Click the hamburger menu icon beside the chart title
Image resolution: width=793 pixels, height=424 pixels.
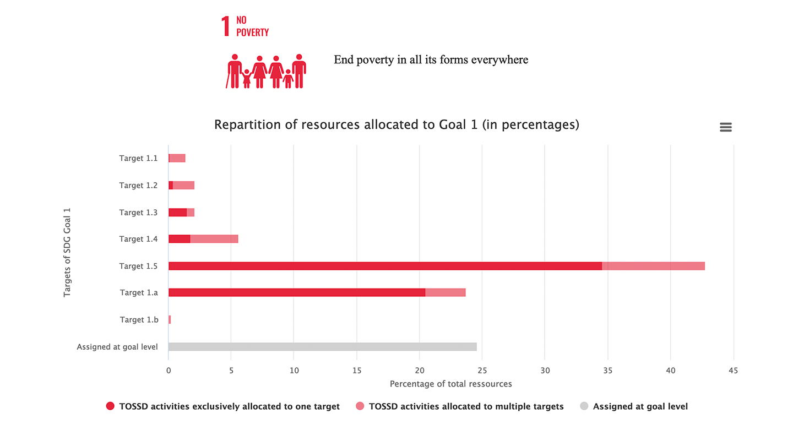point(725,127)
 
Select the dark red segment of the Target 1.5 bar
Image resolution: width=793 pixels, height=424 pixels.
point(385,266)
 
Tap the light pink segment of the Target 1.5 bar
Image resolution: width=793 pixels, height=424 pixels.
point(653,266)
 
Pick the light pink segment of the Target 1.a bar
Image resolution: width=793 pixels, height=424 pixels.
point(446,292)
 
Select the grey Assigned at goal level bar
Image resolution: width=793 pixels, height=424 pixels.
point(322,346)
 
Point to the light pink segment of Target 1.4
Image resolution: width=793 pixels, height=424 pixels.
point(214,239)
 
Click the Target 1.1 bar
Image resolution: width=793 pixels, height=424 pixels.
point(177,158)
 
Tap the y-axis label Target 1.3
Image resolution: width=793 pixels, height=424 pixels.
point(138,212)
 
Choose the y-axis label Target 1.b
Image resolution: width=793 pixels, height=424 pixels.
point(139,319)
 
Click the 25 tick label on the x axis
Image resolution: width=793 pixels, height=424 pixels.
point(482,371)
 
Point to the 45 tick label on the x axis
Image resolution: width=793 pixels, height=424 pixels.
point(733,371)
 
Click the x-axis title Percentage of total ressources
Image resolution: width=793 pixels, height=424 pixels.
point(450,384)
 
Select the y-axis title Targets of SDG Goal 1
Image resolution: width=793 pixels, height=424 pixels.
point(67,252)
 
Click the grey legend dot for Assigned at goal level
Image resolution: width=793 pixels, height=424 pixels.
point(584,406)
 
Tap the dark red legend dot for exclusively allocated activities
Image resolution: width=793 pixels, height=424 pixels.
point(110,406)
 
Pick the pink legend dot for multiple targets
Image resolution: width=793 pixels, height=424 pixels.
point(360,406)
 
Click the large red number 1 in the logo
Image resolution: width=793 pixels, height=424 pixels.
point(225,26)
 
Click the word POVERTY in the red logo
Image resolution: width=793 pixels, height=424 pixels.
point(252,32)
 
